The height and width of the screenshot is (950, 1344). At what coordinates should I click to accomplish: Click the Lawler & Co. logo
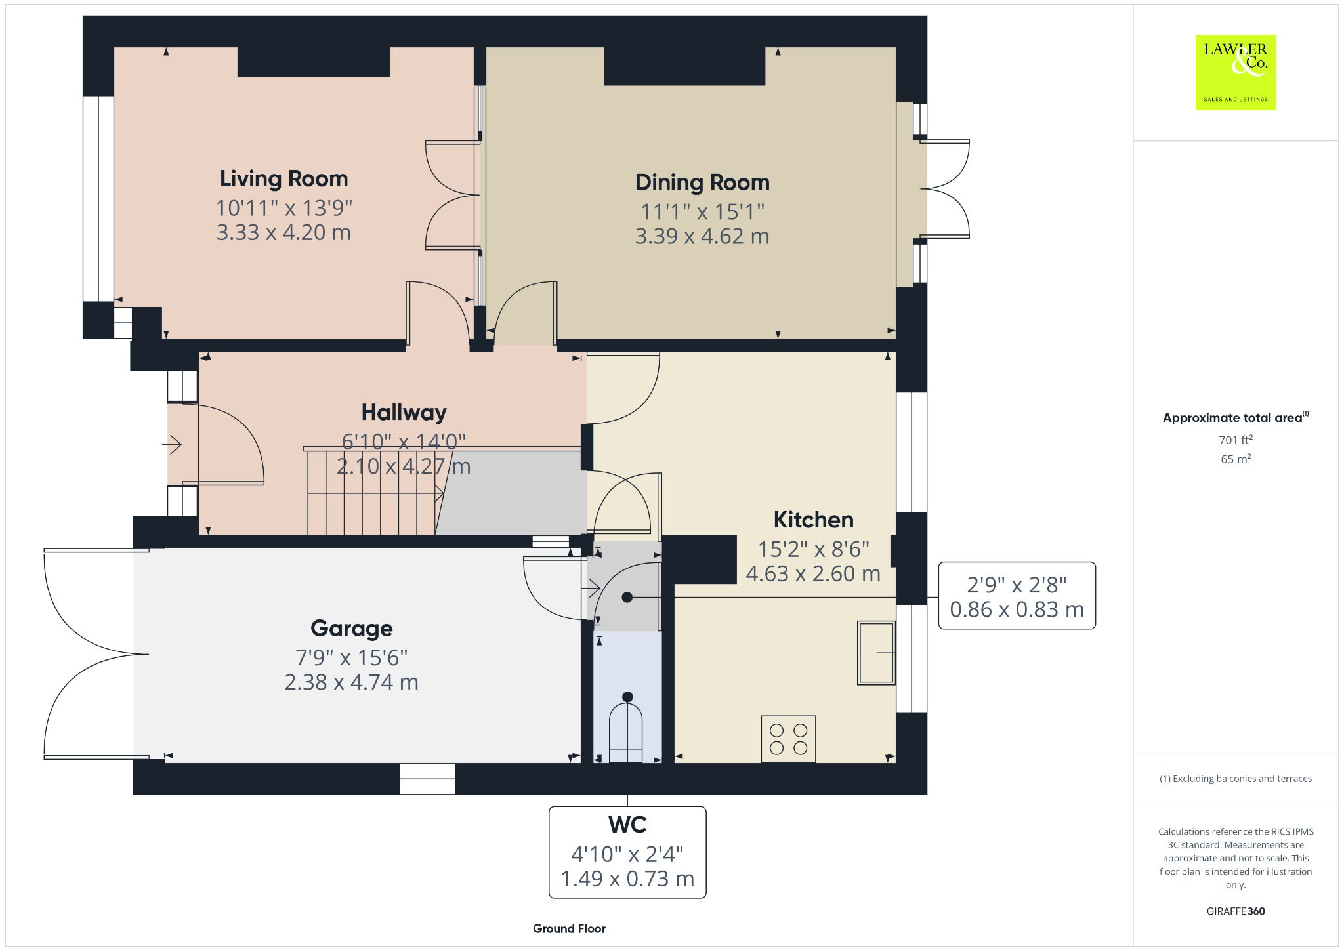click(x=1235, y=72)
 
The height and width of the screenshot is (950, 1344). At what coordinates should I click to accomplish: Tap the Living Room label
click(x=283, y=178)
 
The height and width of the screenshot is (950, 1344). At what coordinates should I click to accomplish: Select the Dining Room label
click(x=702, y=182)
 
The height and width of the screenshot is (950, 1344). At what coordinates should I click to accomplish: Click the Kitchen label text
click(x=813, y=520)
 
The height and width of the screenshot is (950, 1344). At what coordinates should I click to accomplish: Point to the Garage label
click(x=351, y=628)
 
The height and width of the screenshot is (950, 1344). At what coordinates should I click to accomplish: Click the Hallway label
click(x=404, y=412)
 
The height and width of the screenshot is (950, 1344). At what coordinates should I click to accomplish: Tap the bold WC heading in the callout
click(x=627, y=825)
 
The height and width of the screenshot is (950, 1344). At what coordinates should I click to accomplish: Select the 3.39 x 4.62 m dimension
click(x=702, y=236)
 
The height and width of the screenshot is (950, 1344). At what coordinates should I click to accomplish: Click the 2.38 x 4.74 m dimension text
click(x=351, y=682)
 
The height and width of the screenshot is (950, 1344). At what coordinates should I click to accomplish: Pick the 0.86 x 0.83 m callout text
click(x=1017, y=609)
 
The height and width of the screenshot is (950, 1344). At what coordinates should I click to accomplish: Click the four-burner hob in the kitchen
click(x=788, y=739)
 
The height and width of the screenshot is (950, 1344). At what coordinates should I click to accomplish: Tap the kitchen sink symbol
click(x=875, y=653)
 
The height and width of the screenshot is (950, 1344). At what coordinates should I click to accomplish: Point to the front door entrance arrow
click(x=172, y=445)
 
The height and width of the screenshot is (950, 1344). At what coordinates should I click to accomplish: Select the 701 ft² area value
click(x=1236, y=440)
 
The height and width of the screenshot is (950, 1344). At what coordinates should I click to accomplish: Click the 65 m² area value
click(x=1236, y=459)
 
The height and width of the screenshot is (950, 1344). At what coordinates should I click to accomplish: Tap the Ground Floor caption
click(x=569, y=928)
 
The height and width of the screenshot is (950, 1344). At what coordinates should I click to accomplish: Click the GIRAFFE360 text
click(x=1236, y=911)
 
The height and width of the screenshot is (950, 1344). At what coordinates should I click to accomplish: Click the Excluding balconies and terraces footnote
click(x=1236, y=779)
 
